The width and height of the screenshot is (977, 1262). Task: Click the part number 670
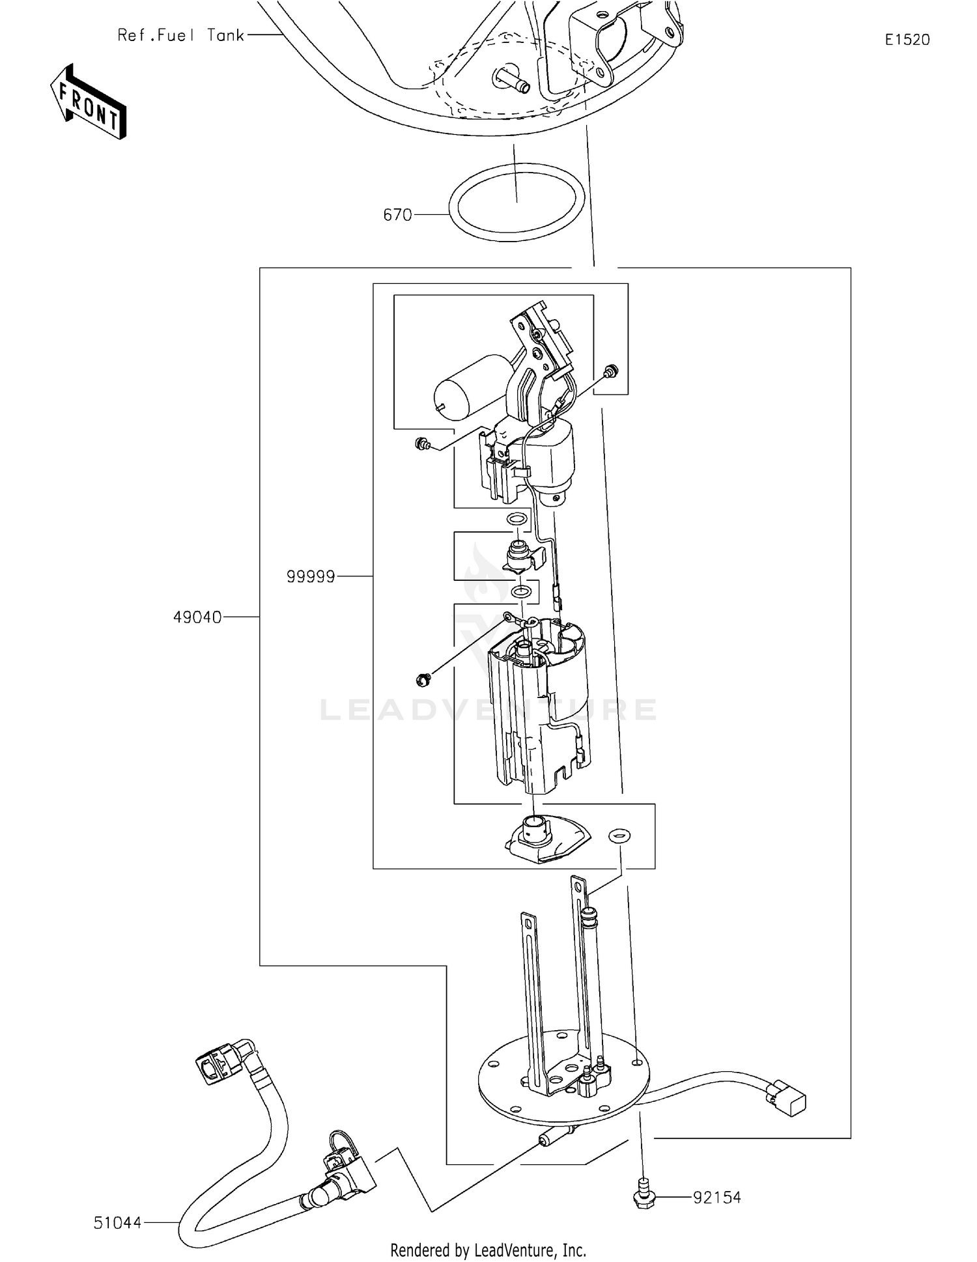(x=397, y=215)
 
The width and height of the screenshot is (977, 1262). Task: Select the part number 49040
(x=197, y=617)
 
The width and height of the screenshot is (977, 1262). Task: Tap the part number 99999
(x=311, y=577)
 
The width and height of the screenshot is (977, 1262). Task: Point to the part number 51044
(x=117, y=1223)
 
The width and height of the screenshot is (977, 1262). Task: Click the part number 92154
(x=716, y=1198)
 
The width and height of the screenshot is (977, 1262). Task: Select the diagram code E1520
(x=907, y=40)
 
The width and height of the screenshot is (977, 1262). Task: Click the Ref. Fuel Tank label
(x=180, y=35)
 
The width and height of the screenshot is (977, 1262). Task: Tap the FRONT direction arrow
(x=89, y=102)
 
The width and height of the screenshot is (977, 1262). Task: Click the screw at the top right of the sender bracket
(x=611, y=372)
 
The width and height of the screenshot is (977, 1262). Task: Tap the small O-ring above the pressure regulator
(x=517, y=520)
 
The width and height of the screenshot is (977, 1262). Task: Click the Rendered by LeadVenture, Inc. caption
(x=488, y=1250)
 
